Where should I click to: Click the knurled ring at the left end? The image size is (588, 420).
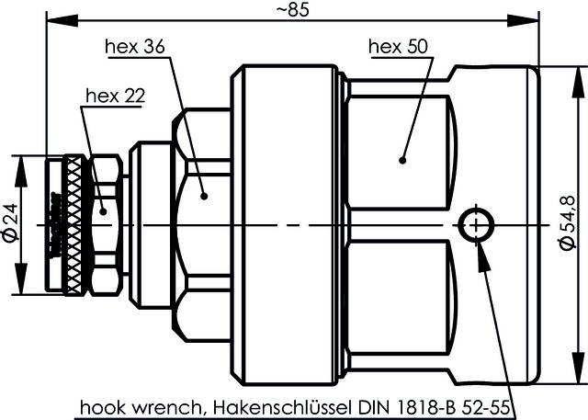pyautogui.click(x=69, y=224)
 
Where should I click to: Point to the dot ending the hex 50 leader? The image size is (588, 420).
pyautogui.click(x=401, y=160)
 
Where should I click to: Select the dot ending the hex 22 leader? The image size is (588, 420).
pyautogui.click(x=103, y=211)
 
